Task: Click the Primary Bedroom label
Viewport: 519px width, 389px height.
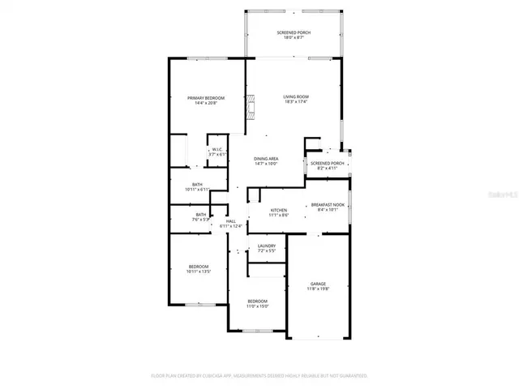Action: tap(205, 97)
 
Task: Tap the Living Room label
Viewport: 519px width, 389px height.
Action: tap(295, 96)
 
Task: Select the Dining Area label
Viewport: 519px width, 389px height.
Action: tap(266, 158)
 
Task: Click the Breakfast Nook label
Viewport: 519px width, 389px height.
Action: tap(328, 205)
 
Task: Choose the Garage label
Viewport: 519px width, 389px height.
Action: tap(318, 284)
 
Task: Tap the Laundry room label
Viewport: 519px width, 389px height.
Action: tap(267, 246)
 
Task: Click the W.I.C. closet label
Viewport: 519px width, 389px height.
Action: tap(217, 149)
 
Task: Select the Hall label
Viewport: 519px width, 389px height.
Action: tap(231, 221)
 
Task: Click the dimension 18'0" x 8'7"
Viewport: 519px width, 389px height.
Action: tap(294, 37)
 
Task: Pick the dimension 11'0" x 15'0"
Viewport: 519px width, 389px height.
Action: tap(257, 306)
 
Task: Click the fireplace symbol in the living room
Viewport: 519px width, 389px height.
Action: tap(251, 107)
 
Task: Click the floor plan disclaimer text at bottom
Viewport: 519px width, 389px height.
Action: tap(259, 376)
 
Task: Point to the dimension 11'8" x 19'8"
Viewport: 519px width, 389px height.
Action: tap(318, 288)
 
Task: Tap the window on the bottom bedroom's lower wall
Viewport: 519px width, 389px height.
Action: tap(256, 331)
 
